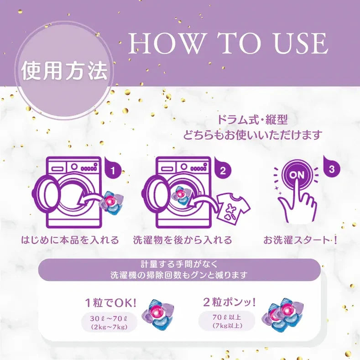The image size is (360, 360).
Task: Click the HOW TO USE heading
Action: (228, 44)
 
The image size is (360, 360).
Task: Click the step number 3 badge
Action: (331, 167)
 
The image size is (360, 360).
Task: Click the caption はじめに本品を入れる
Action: (70, 240)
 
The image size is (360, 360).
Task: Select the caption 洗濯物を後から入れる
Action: (183, 240)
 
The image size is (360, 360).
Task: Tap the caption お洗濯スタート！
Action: (301, 240)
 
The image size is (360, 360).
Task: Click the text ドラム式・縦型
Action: (253, 121)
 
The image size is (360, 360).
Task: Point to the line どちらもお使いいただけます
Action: (253, 135)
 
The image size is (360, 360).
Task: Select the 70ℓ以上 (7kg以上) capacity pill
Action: (227, 320)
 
